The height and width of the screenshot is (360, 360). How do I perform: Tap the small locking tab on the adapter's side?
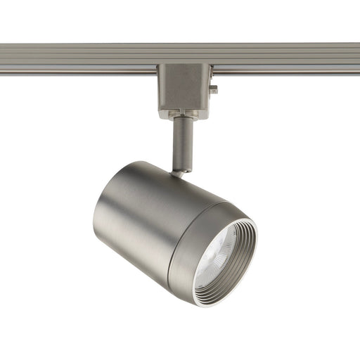(213, 89)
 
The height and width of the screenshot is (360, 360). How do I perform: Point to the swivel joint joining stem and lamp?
(181, 170)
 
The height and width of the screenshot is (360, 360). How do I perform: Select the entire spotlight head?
(176, 225)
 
